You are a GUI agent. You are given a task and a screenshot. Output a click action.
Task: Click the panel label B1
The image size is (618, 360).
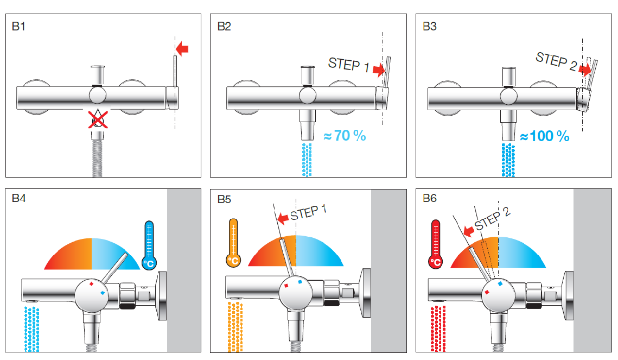[18, 27]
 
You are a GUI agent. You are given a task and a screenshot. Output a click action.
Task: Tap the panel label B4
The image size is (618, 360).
[18, 198]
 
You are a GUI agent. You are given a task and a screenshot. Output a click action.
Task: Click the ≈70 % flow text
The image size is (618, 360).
[345, 136]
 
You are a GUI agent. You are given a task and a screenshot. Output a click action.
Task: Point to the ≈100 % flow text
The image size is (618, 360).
[545, 136]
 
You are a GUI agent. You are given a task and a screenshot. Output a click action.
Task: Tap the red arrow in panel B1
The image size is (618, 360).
[182, 49]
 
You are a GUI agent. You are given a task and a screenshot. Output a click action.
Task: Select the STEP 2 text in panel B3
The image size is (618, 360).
[556, 61]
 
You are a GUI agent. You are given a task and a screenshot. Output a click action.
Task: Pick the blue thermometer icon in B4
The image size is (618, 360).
[149, 245]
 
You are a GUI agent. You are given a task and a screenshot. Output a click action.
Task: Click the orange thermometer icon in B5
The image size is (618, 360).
[233, 243]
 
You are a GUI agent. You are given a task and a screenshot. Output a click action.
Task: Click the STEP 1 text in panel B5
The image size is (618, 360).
[308, 212]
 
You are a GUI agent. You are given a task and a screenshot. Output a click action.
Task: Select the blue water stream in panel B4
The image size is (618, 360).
[32, 329]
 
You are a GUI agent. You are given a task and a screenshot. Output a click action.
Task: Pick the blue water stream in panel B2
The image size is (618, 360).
[307, 160]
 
